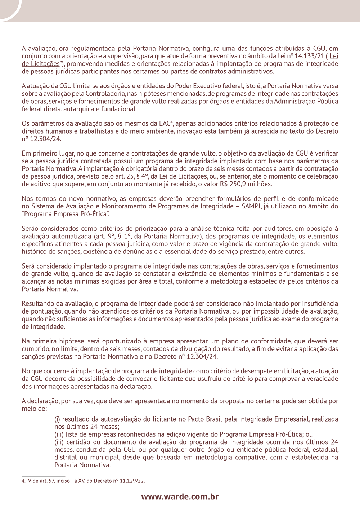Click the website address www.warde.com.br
[x=180, y=497]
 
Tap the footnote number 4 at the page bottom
[x=23, y=481]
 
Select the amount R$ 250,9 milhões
[x=246, y=184]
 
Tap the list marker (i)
[x=57, y=419]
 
